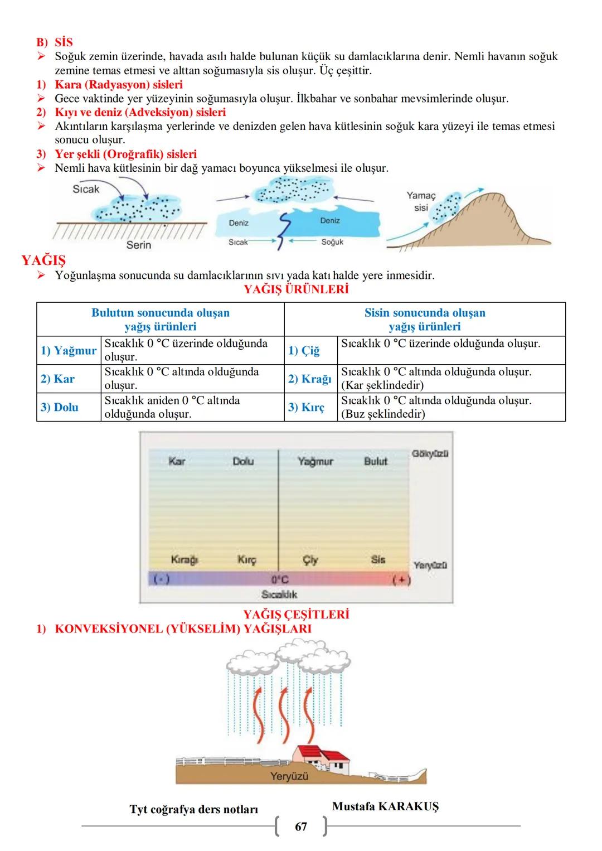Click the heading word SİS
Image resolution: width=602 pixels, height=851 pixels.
(64, 42)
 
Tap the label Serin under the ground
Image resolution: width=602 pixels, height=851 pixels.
(139, 245)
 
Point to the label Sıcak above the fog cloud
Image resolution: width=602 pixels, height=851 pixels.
(86, 189)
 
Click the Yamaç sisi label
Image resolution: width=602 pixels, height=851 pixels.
(421, 201)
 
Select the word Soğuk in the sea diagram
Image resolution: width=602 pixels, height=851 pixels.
(332, 242)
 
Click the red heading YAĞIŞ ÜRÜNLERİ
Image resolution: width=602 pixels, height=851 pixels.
(297, 289)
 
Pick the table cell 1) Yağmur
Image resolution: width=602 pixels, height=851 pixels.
(69, 350)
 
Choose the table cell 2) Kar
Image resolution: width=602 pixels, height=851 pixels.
(57, 379)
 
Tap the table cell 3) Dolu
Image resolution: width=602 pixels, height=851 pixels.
(59, 407)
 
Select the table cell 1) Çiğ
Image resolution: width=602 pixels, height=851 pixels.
(304, 350)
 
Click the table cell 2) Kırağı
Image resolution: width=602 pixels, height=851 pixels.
(309, 379)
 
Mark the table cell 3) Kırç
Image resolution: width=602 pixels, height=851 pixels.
(306, 407)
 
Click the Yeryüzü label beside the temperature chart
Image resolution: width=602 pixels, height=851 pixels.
(430, 565)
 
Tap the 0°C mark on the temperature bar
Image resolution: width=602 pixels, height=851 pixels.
(280, 580)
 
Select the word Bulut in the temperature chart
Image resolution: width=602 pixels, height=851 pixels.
(376, 461)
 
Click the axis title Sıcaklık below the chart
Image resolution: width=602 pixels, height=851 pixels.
(279, 594)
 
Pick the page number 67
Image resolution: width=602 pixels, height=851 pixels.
(301, 826)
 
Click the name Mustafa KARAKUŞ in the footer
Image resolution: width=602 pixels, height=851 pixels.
(385, 806)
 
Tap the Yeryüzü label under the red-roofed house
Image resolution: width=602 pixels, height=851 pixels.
(289, 776)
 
